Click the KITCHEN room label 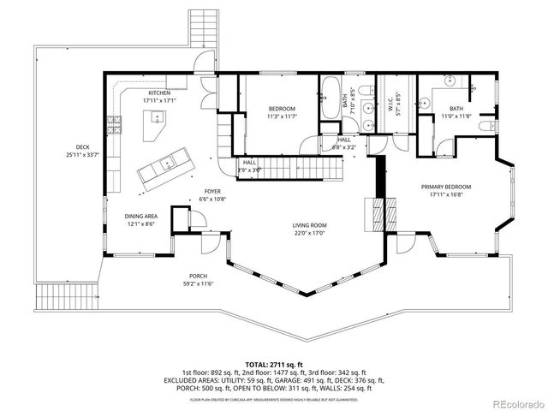point(159,92)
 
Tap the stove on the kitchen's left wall point(112,125)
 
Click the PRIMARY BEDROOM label point(446,186)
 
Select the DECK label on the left point(82,146)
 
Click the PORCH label point(200,276)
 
